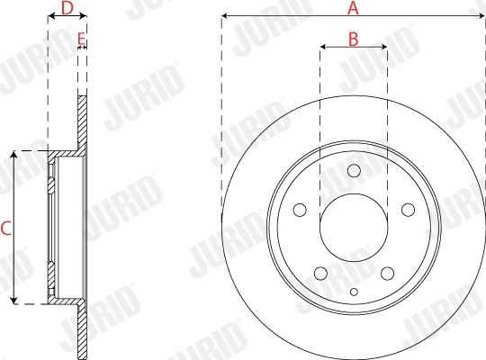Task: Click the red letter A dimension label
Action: click(354, 8)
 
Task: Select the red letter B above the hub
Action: click(354, 39)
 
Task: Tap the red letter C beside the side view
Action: click(5, 229)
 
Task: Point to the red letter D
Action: click(66, 8)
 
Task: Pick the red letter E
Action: click(82, 39)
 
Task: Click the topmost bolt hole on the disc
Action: click(354, 171)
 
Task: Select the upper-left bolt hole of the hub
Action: click(299, 210)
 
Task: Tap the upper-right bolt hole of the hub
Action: click(408, 210)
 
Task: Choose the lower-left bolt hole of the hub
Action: click(319, 274)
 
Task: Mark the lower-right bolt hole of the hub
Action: click(387, 274)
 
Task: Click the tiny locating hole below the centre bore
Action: click(354, 291)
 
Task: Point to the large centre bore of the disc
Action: click(354, 228)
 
